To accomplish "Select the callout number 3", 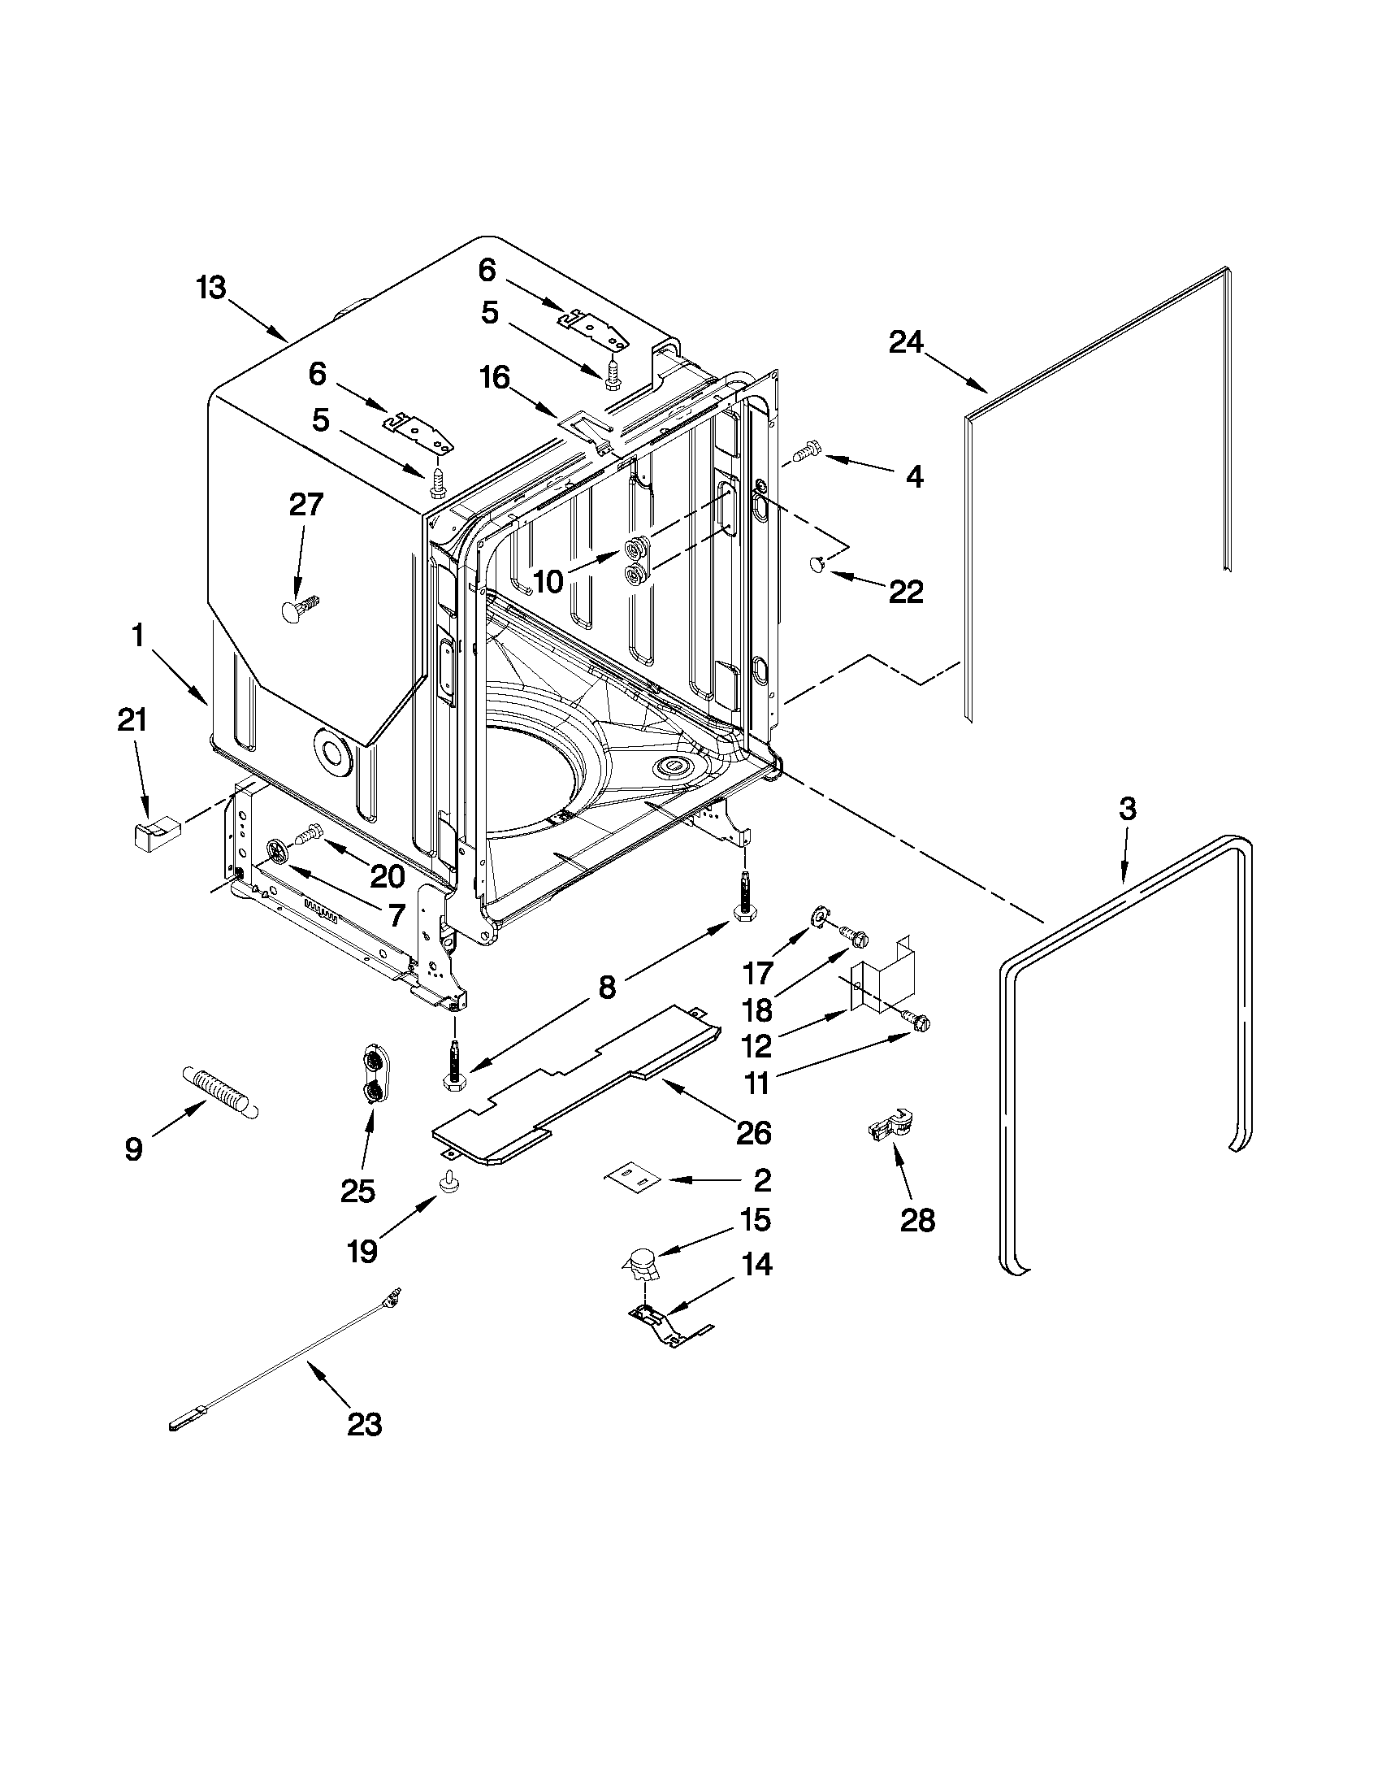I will (x=1127, y=810).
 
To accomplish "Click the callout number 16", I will (x=495, y=379).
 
